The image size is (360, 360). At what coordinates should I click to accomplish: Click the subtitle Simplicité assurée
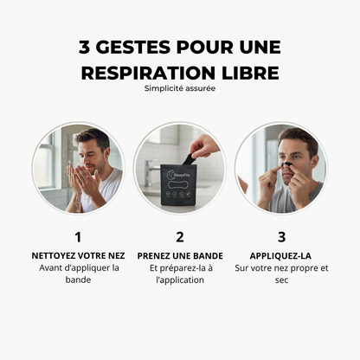(x=179, y=87)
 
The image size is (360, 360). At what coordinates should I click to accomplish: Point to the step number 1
(x=78, y=235)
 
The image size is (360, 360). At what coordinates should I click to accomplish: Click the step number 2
(x=179, y=235)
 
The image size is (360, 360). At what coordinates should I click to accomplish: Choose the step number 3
(x=281, y=235)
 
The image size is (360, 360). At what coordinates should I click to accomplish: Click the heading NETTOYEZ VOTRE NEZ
(x=78, y=255)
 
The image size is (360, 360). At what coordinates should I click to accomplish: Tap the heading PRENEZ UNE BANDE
(x=179, y=255)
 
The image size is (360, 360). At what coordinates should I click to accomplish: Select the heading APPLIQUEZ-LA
(x=281, y=255)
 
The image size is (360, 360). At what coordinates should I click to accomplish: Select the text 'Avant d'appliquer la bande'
(x=78, y=273)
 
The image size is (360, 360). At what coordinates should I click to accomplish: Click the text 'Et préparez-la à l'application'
(x=179, y=273)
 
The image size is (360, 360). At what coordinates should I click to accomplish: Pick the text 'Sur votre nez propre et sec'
(x=281, y=273)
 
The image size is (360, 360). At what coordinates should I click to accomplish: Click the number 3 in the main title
(x=87, y=47)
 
